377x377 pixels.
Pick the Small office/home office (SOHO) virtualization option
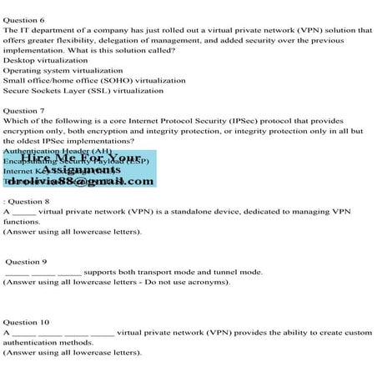pos(94,81)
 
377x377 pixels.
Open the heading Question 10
pos(26,321)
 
